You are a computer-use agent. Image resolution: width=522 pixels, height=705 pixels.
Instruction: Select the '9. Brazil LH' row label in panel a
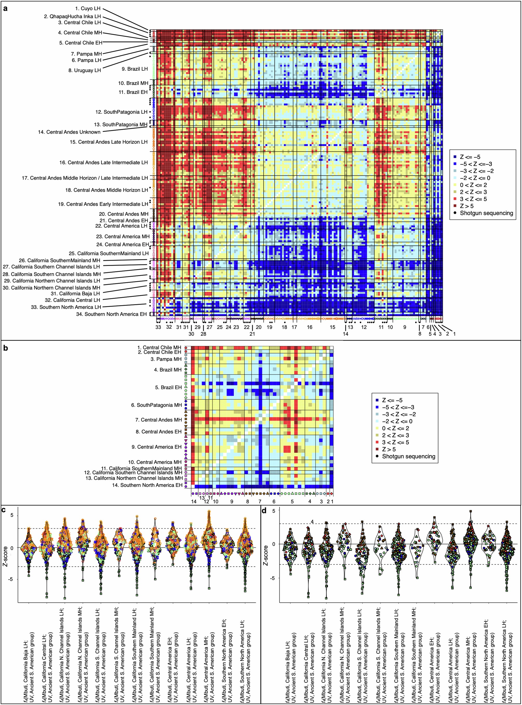click(135, 69)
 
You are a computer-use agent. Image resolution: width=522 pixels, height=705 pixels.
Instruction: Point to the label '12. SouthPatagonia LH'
click(121, 112)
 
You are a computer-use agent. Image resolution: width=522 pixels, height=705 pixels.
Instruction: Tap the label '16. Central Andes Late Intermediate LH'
click(103, 162)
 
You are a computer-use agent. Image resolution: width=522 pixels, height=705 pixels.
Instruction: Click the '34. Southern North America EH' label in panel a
click(111, 314)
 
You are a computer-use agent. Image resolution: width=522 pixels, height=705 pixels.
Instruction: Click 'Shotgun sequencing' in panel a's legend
click(486, 213)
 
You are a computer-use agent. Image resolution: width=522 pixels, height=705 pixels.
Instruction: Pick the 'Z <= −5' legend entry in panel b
click(392, 400)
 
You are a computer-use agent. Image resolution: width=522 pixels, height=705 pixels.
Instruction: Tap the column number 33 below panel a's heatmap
click(158, 327)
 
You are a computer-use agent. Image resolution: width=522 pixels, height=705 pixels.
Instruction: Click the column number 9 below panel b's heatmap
click(232, 502)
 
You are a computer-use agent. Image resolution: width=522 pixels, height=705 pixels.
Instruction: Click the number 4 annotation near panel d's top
click(312, 521)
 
